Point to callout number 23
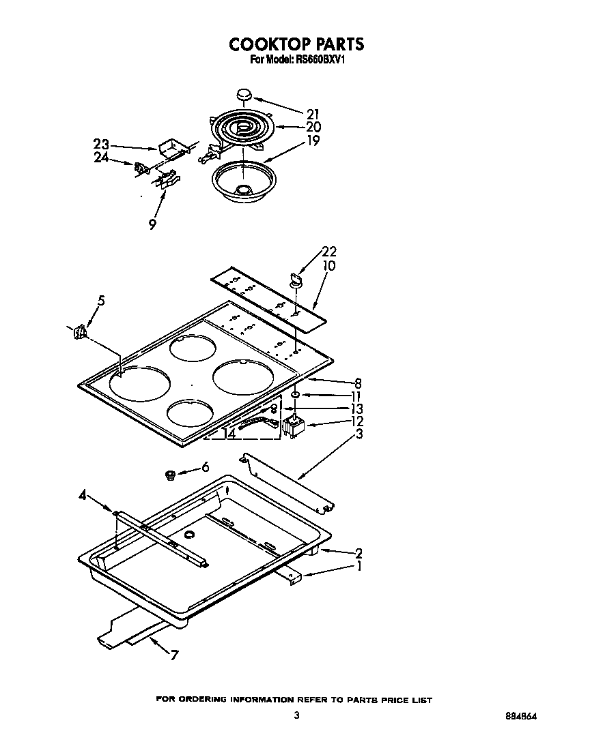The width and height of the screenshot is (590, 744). coord(101,144)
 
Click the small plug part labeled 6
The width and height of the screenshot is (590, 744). coord(169,474)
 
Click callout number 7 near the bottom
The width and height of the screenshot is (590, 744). coord(175,655)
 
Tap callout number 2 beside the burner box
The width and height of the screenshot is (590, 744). coord(358,552)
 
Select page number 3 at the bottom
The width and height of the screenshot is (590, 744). coord(296,715)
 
